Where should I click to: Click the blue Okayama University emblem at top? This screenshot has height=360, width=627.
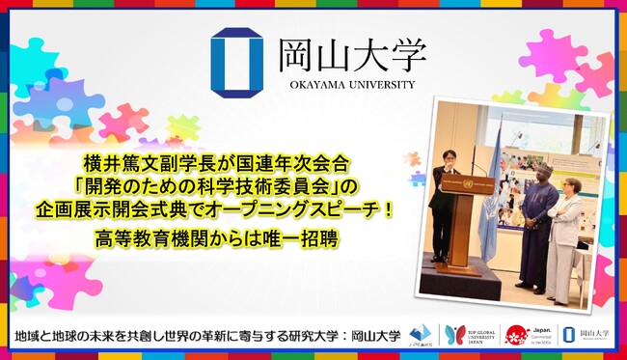click(x=236, y=61)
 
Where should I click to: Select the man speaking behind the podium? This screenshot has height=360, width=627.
click(x=444, y=183)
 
